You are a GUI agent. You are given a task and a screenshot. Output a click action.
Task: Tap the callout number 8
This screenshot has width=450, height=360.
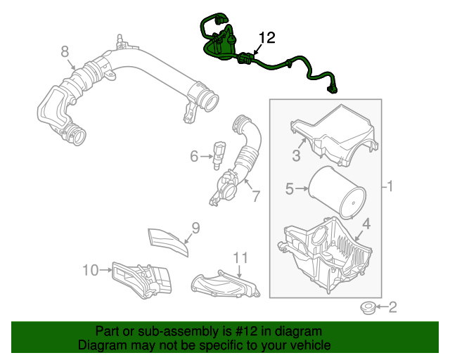[x=65, y=51]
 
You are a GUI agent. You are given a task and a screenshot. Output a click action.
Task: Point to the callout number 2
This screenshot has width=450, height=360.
[x=392, y=307]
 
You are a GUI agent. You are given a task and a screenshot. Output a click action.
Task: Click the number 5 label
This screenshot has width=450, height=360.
[x=290, y=188]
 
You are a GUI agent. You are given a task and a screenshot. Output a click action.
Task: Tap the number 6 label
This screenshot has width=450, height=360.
[x=195, y=156]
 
